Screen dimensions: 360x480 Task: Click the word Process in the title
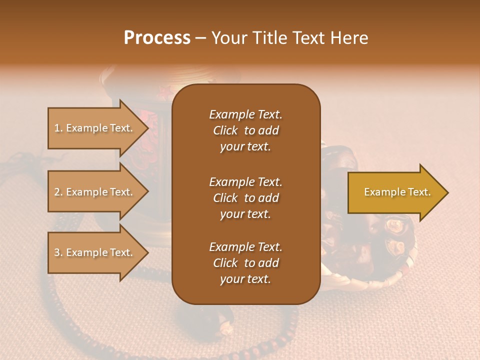pos(157,38)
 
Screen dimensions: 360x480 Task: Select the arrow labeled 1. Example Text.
pos(95,128)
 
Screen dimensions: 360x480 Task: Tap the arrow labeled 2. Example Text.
pos(95,192)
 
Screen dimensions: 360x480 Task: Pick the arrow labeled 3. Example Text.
pos(95,252)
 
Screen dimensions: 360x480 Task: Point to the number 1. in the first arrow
pos(58,128)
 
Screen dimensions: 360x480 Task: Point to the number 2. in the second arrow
pos(58,192)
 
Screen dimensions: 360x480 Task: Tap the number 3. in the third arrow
pos(58,252)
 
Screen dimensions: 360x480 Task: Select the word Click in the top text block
pos(225,130)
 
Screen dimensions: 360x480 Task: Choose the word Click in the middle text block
pos(225,198)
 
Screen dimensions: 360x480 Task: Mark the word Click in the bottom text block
pos(225,263)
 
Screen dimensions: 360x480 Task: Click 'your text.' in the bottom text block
pos(245,279)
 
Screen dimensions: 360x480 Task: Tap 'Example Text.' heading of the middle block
pos(245,181)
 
